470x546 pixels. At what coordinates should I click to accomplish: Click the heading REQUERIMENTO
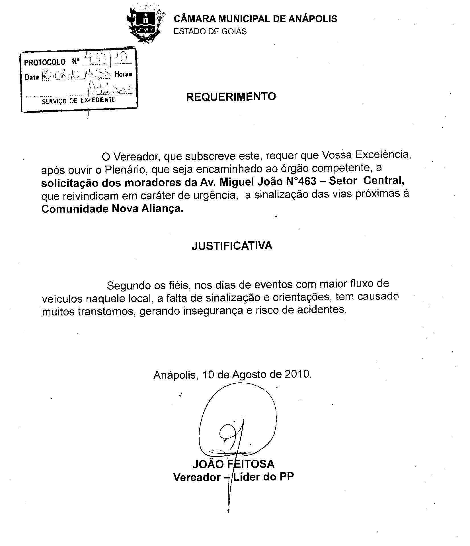(x=231, y=97)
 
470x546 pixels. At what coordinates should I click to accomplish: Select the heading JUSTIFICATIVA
(x=232, y=246)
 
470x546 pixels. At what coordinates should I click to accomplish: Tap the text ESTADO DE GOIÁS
(x=210, y=31)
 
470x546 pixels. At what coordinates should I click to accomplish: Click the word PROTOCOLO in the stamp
(x=45, y=62)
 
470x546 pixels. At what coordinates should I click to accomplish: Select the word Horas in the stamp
(x=123, y=74)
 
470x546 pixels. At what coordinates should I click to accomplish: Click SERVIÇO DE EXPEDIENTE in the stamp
(x=79, y=100)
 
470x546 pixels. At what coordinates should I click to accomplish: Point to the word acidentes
(x=323, y=309)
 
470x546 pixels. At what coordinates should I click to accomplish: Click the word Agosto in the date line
(x=251, y=374)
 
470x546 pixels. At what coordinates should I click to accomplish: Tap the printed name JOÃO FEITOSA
(x=233, y=464)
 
